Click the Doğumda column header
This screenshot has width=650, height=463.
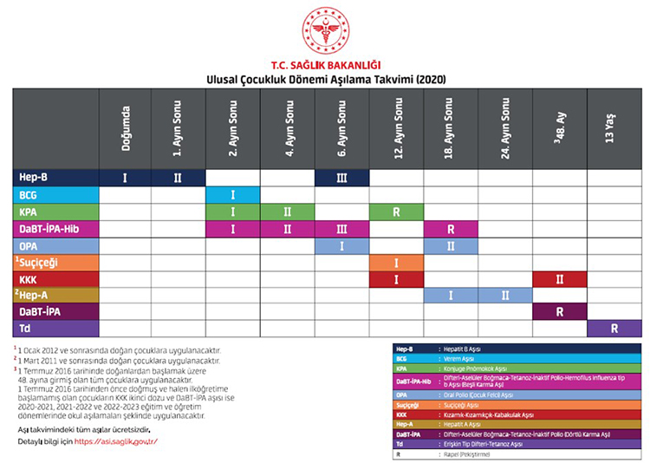pyautogui.click(x=125, y=127)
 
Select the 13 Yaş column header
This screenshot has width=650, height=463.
pyautogui.click(x=614, y=127)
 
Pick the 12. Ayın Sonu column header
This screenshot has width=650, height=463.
pyautogui.click(x=396, y=127)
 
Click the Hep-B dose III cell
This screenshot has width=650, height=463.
pyautogui.click(x=341, y=177)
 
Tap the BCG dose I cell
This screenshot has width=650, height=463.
pyautogui.click(x=232, y=194)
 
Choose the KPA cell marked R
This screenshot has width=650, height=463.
pyautogui.click(x=396, y=211)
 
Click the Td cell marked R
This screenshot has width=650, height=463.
pyautogui.click(x=614, y=329)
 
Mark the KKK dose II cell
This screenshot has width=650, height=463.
pyautogui.click(x=559, y=278)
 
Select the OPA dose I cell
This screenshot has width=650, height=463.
pyautogui.click(x=341, y=245)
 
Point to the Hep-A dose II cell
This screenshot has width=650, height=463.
pyautogui.click(x=504, y=295)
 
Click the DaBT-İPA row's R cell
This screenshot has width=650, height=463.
pyautogui.click(x=559, y=312)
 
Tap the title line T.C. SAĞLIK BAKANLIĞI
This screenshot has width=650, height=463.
pyautogui.click(x=325, y=65)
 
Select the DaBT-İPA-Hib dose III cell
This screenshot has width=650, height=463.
pyautogui.click(x=341, y=228)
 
